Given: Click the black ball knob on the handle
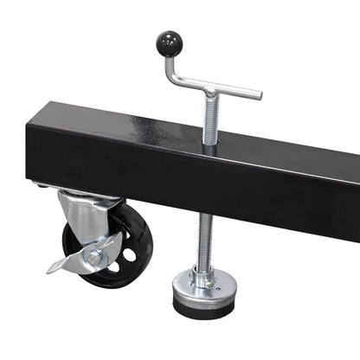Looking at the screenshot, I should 167,41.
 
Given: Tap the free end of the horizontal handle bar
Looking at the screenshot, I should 257,94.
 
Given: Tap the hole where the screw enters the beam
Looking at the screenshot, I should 209,148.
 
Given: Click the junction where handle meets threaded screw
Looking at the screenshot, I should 209,89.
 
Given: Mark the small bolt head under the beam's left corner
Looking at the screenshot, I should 42,185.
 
